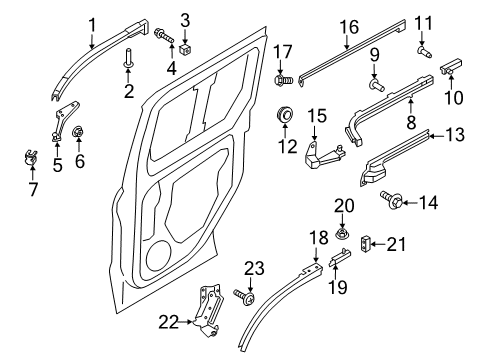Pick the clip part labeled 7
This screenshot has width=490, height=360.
[30, 156]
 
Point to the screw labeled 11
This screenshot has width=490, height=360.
[423, 45]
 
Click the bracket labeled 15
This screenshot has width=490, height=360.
[322, 152]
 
